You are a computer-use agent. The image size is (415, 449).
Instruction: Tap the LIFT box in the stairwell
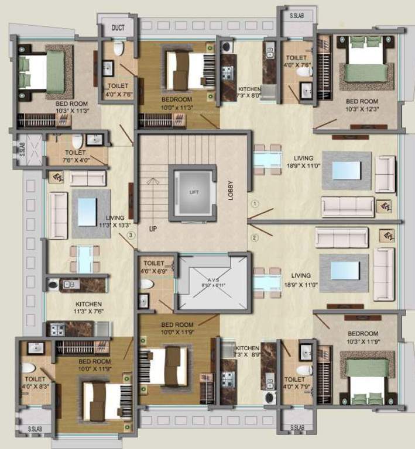(x=193, y=192)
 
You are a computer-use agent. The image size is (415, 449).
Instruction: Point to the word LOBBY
(x=231, y=191)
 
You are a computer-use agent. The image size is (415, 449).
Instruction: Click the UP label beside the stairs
(x=153, y=229)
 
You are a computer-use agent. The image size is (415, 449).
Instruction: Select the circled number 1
(x=255, y=204)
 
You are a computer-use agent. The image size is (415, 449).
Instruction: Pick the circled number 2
(x=255, y=237)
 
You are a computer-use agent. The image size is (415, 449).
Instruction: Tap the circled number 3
(x=131, y=235)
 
